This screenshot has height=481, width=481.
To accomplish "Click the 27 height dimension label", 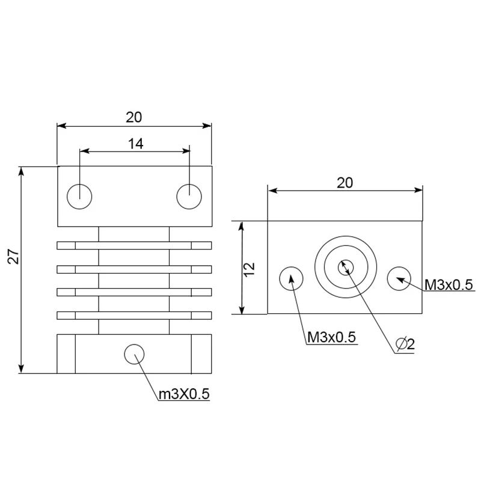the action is coord(14,257).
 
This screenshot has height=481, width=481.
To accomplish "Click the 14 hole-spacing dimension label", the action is coord(136,144).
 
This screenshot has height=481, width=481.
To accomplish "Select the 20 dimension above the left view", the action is coord(134,117).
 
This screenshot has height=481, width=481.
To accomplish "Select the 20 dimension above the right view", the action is coord(345,183).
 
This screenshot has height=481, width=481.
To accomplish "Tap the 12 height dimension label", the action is coord(250,269).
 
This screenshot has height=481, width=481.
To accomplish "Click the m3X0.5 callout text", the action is coord(184,394).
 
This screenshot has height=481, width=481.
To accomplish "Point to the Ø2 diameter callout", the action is coord(405,344).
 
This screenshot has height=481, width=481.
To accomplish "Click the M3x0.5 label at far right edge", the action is coord(449,285).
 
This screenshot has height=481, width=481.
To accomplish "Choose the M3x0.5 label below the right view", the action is coord(332,337).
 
